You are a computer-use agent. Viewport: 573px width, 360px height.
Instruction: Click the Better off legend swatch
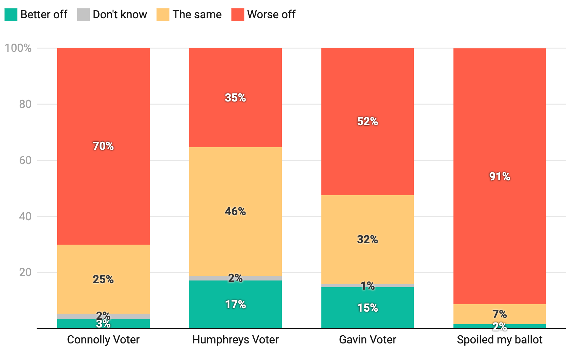click(11, 15)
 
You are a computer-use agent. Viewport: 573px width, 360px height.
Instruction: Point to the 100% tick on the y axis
click(18, 48)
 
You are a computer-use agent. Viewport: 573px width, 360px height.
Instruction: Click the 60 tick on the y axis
click(25, 160)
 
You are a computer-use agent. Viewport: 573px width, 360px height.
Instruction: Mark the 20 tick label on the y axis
click(25, 272)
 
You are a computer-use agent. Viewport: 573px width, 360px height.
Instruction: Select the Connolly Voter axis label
click(103, 339)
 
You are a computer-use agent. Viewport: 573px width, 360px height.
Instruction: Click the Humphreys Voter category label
click(235, 339)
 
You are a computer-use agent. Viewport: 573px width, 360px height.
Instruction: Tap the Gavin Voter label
click(367, 339)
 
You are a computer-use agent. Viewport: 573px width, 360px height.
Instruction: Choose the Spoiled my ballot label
click(500, 339)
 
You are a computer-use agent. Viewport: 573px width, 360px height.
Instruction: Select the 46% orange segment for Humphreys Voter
click(235, 230)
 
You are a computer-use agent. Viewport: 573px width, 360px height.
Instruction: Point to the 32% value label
click(367, 240)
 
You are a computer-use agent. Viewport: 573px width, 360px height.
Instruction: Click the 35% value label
click(235, 98)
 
